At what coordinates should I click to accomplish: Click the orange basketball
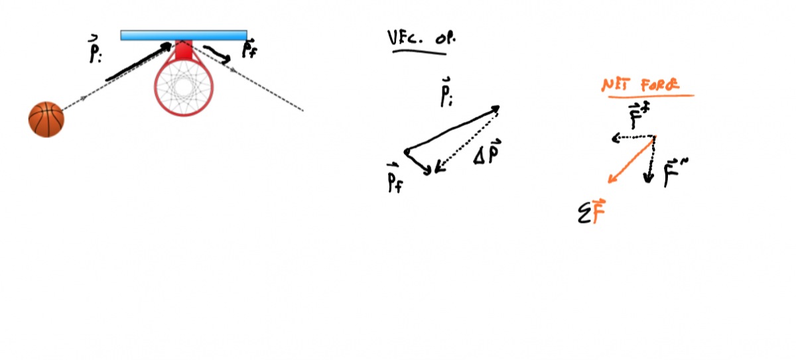point(46,119)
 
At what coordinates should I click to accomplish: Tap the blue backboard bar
point(184,35)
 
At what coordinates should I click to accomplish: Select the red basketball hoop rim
point(157,86)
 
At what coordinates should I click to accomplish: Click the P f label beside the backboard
point(249,48)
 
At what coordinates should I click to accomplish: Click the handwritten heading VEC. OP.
point(422,38)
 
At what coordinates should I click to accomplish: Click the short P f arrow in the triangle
point(418,161)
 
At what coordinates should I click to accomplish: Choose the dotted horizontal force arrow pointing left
point(633,138)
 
